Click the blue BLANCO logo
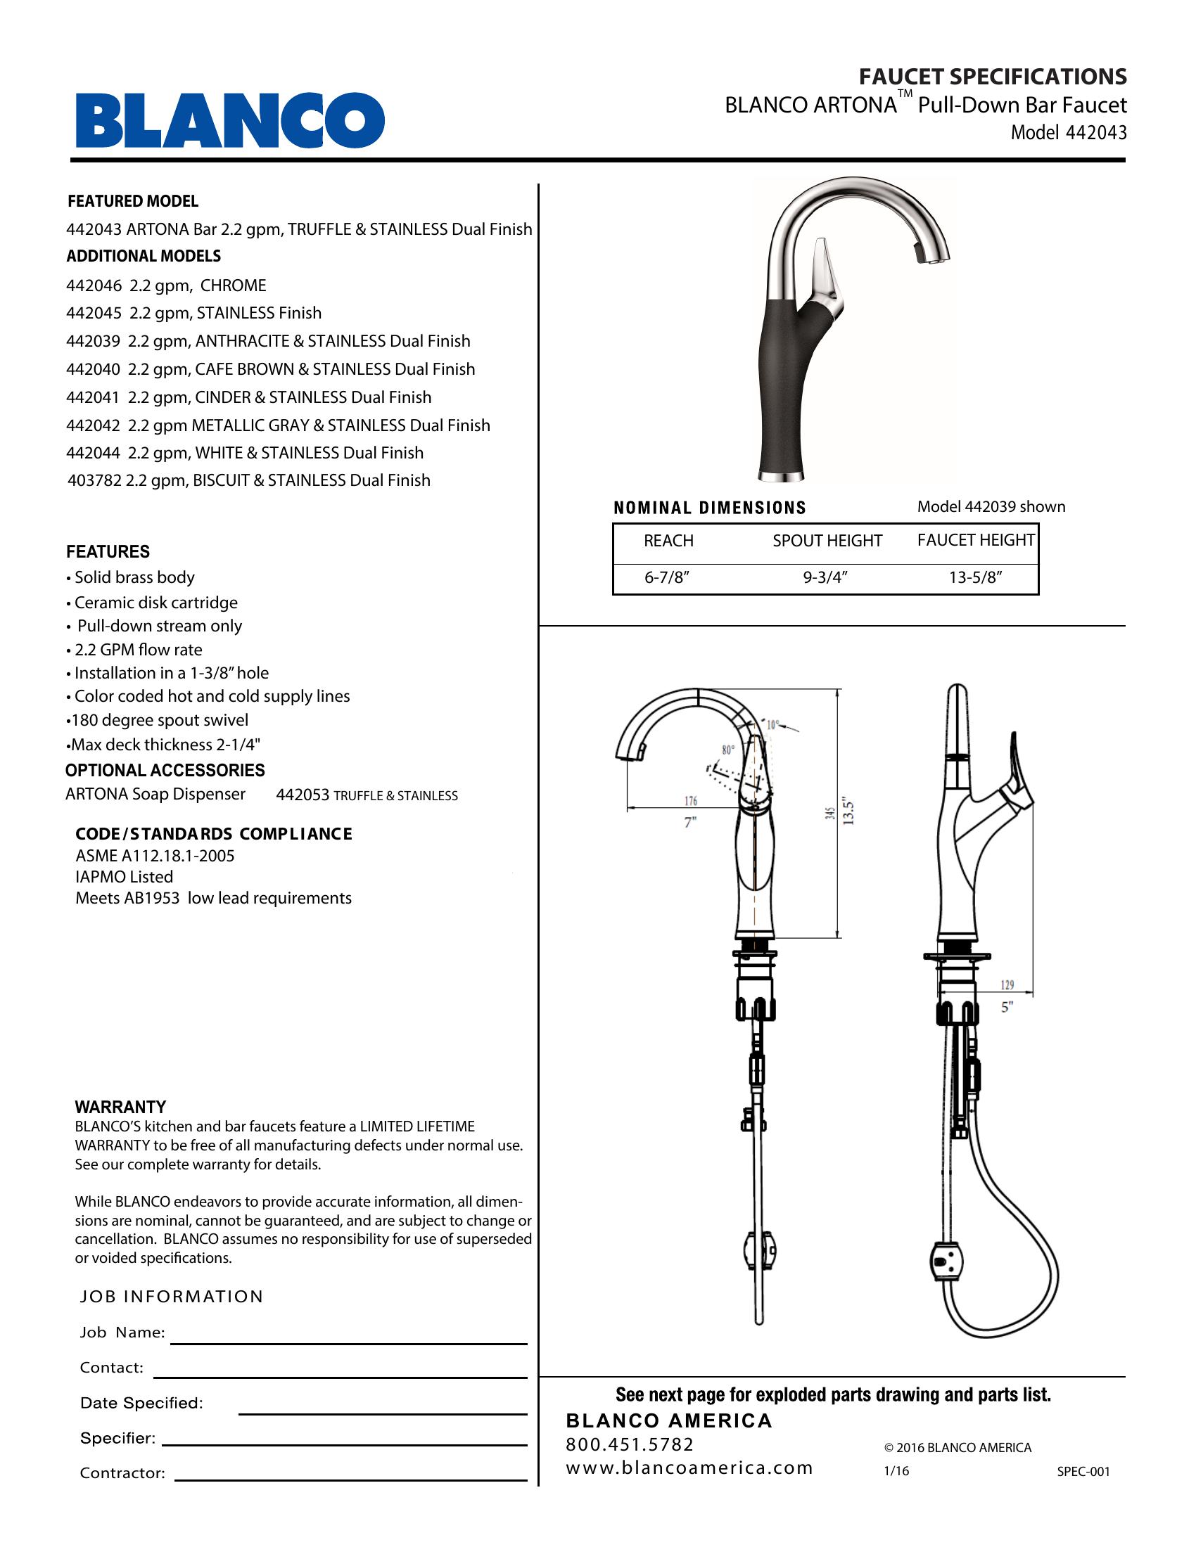pos(230,120)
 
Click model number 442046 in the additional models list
pos(95,285)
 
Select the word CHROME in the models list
pos(233,285)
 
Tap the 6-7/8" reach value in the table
pos(667,578)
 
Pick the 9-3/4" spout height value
pos(825,578)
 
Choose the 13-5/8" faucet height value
pos(976,578)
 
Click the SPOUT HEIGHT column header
pos(827,541)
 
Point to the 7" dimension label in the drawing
pos(690,823)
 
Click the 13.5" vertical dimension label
pos(850,812)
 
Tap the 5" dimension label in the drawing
pos(1007,1006)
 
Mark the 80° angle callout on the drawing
pos(727,750)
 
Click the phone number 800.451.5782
pos(630,1444)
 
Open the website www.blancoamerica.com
pos(689,1468)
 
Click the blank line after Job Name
pos(348,1342)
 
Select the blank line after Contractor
pos(351,1479)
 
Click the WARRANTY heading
pos(120,1107)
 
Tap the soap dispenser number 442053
pos(303,795)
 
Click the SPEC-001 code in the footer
pos(1083,1471)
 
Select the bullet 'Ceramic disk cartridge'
pos(156,603)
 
